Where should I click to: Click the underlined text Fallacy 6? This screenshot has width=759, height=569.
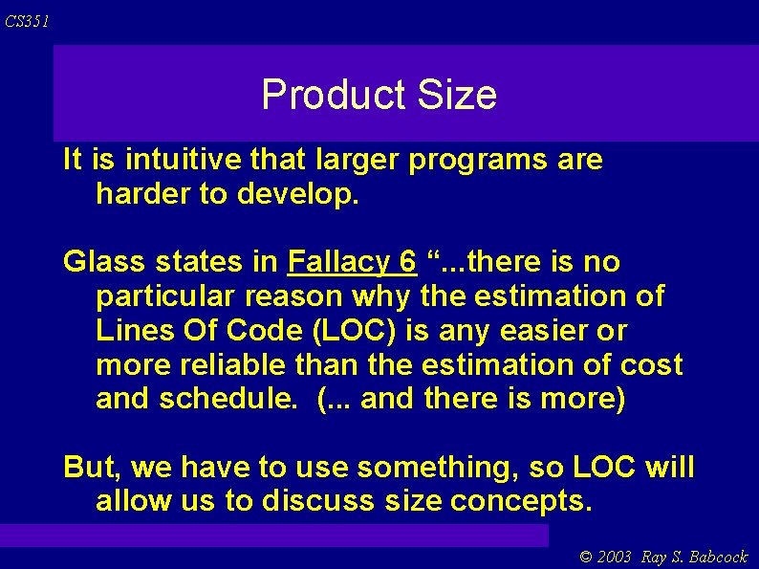(x=352, y=262)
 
